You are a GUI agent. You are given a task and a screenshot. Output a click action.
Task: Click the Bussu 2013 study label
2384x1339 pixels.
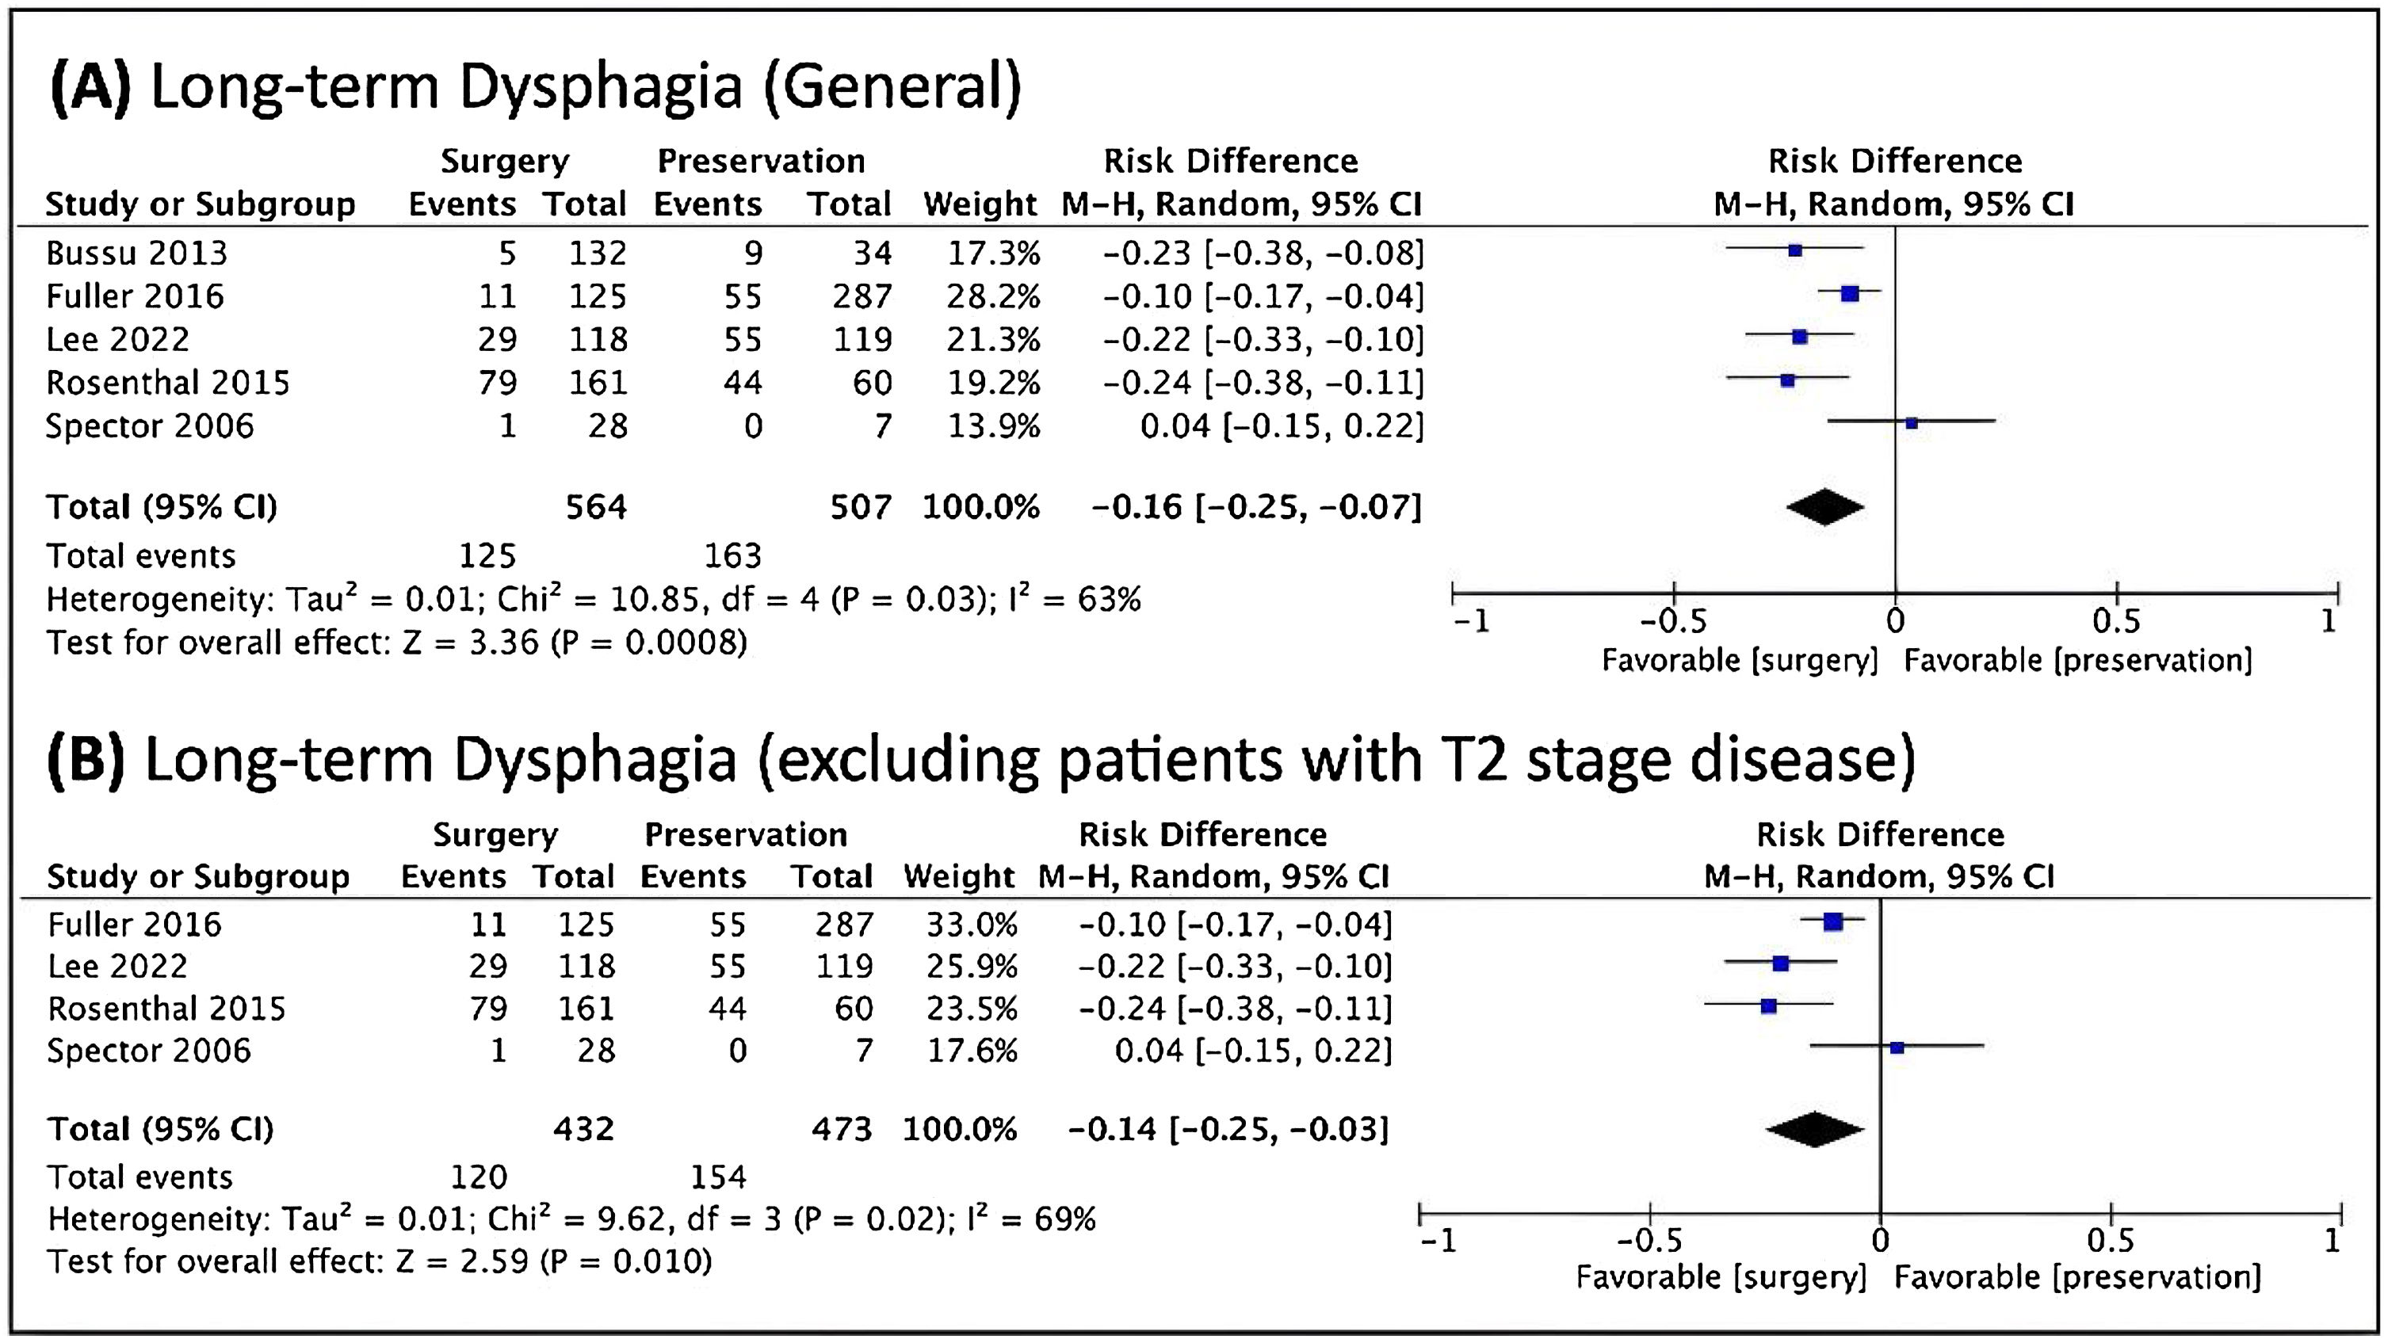click(x=137, y=253)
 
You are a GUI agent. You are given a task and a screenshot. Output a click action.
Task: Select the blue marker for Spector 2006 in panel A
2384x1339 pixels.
click(x=1911, y=423)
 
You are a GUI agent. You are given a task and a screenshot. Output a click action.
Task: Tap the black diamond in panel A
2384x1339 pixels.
click(x=1824, y=506)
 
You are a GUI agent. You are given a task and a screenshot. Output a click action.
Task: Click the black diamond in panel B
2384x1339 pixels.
click(x=1814, y=1129)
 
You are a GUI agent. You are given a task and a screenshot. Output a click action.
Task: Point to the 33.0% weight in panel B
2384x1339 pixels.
click(x=972, y=925)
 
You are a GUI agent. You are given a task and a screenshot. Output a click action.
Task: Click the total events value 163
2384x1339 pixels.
click(x=732, y=555)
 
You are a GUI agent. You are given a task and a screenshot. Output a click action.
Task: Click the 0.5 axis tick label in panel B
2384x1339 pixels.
click(x=2111, y=1240)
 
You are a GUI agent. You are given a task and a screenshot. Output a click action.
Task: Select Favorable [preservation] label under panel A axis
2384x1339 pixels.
click(x=2077, y=661)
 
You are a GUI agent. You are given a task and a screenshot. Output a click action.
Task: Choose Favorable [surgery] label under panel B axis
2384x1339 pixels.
click(x=1721, y=1278)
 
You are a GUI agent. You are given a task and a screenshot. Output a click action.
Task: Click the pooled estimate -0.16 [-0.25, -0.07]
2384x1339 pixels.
click(x=1256, y=506)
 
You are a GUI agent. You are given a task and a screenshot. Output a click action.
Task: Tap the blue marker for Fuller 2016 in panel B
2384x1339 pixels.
click(x=1832, y=921)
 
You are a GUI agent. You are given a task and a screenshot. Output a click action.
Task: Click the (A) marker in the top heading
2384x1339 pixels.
click(x=90, y=87)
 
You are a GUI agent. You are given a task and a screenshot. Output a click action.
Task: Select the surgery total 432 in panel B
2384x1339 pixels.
click(x=583, y=1129)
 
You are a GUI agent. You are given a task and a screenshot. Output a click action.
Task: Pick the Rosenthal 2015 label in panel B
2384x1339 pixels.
click(x=166, y=1009)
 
